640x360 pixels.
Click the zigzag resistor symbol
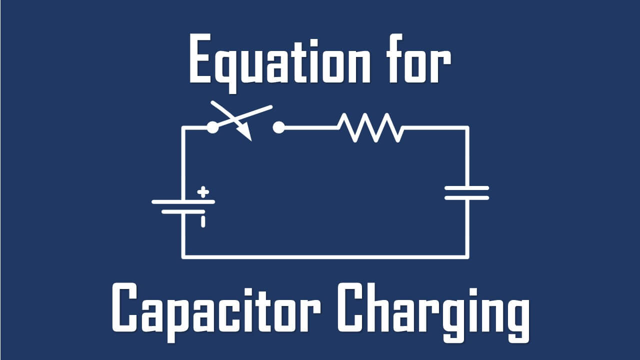click(x=370, y=127)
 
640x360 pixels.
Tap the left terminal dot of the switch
click(x=212, y=127)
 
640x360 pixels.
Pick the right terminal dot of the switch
click(x=278, y=127)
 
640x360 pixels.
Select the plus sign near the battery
click(x=202, y=191)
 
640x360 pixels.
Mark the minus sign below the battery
click(x=203, y=221)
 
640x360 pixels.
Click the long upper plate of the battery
click(x=183, y=201)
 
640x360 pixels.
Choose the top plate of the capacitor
click(x=466, y=188)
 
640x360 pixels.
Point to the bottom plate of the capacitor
click(x=466, y=197)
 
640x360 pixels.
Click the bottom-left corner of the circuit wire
click(x=183, y=256)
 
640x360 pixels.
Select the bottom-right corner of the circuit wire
click(x=467, y=256)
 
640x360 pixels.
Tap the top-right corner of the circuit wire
click(x=467, y=128)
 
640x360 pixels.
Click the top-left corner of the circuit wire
click(x=183, y=128)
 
